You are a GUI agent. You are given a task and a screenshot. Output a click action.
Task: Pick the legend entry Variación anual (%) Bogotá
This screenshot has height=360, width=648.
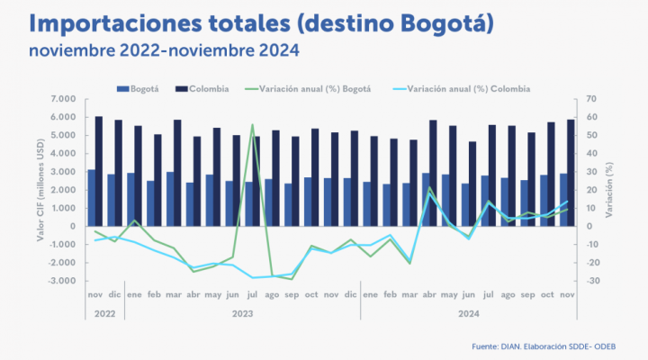(x=310, y=89)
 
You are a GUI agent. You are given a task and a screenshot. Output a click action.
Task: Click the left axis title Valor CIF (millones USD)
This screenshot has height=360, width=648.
(x=41, y=190)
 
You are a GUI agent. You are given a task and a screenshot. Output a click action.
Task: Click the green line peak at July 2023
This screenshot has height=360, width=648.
(x=252, y=125)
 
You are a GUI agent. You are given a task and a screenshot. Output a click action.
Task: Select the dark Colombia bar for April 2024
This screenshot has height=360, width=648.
(x=434, y=173)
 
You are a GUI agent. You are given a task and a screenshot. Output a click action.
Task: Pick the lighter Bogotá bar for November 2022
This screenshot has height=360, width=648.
(x=91, y=197)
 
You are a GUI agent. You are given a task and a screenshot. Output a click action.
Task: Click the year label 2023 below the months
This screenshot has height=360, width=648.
(x=243, y=314)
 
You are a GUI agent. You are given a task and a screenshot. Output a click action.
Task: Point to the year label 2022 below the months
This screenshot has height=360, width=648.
(x=104, y=314)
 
